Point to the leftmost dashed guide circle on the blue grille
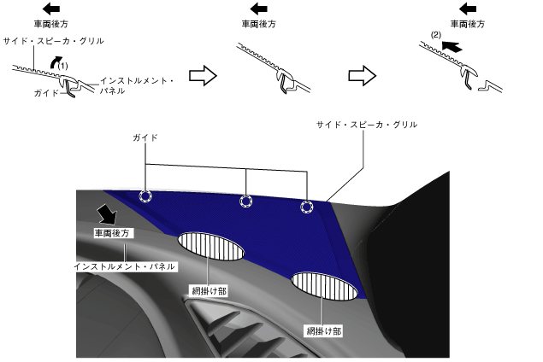tap(146, 196)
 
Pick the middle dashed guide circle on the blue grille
tap(246, 201)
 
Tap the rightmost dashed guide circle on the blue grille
tap(307, 207)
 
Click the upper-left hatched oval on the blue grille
tap(210, 246)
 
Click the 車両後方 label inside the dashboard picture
tap(112, 232)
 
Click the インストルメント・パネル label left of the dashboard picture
tap(125, 266)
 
